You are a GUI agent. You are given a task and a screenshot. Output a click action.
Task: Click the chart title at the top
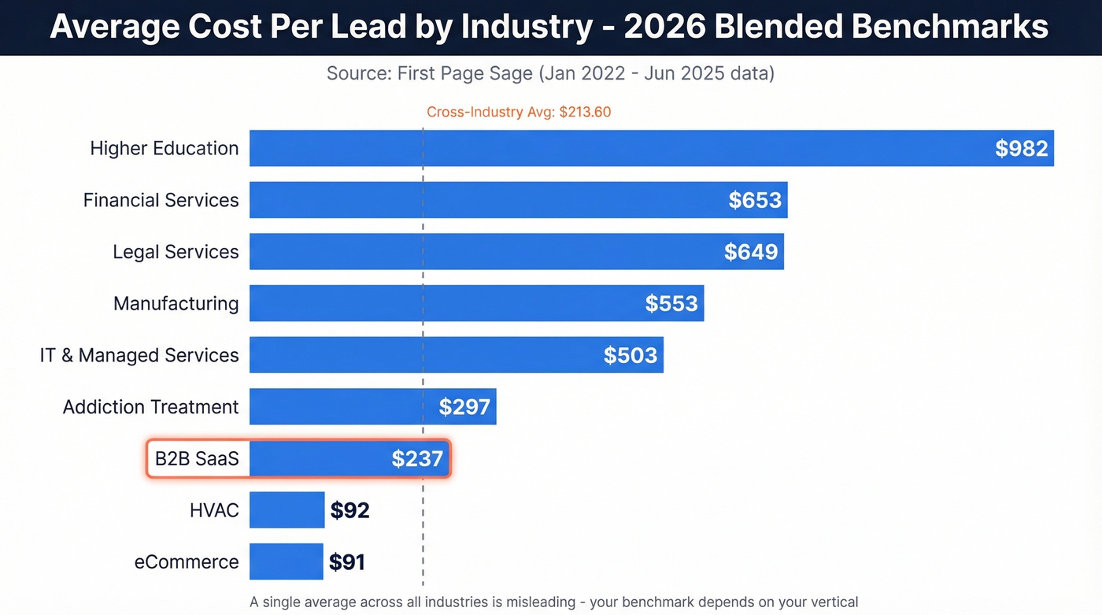coord(549,27)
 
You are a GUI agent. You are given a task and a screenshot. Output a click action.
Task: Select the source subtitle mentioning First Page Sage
coord(550,74)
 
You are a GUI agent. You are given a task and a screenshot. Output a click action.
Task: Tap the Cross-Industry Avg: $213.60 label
coord(519,112)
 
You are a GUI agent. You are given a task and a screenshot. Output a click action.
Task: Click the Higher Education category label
coord(165,148)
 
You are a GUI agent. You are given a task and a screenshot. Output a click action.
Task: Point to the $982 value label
coord(1021,149)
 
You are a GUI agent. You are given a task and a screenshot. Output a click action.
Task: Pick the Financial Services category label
coord(161,200)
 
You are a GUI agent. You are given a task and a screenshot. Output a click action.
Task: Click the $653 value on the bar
coord(754,200)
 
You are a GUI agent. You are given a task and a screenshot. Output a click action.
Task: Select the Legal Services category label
coord(176,252)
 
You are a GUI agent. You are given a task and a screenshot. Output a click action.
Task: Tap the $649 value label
coord(751,252)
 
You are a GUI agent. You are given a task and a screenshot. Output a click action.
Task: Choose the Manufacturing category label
coord(176,303)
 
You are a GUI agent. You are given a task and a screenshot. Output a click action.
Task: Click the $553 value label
coord(671,304)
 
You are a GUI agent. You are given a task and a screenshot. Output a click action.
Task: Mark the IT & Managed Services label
coord(139,355)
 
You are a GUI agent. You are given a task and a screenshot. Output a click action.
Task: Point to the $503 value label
coord(630,355)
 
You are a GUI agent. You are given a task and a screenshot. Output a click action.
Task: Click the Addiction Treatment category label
coord(150,407)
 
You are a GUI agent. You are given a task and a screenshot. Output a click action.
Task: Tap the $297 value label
coord(464,407)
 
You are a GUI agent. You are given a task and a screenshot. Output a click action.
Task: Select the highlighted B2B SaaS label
coord(197,458)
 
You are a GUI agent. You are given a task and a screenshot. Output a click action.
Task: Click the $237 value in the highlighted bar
coord(417,459)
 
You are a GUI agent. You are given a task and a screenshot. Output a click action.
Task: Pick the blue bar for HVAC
coord(287,510)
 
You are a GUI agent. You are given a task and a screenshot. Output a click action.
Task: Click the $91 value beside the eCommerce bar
coord(346,562)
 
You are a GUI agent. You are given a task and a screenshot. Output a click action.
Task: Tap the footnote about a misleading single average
coord(553,602)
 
